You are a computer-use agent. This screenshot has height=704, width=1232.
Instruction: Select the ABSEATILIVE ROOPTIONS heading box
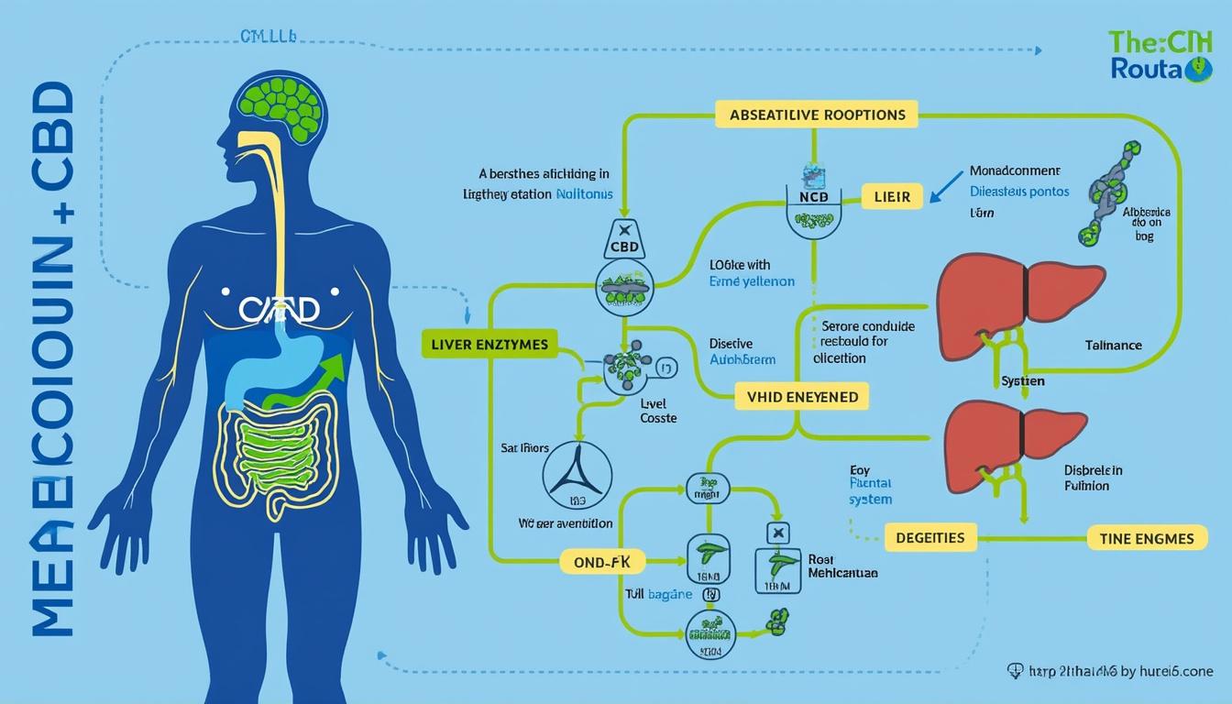pos(818,115)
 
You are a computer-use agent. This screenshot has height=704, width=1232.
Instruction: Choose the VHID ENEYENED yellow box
pos(803,397)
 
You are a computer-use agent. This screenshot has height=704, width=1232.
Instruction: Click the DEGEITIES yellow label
pos(930,537)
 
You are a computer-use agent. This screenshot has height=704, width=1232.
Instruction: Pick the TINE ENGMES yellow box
pos(1146,538)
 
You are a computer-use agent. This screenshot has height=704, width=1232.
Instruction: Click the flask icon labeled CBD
pos(623,243)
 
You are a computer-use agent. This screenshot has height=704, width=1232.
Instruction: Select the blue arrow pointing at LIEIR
pos(943,187)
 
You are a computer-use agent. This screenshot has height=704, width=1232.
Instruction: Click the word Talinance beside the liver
pos(1112,346)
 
